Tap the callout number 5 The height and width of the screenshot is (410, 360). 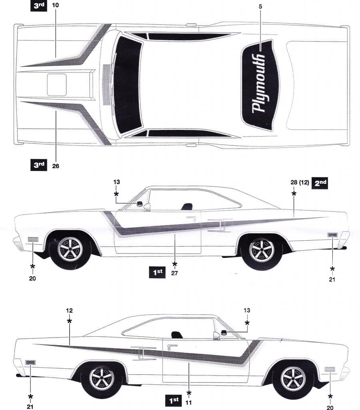coord(261,7)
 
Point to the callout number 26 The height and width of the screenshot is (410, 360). coord(56,165)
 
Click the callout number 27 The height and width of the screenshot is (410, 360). coord(175,273)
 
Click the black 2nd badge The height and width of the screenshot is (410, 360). coord(320,183)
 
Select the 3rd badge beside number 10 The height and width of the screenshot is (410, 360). coord(39,6)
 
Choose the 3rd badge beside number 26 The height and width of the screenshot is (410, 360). coord(39,165)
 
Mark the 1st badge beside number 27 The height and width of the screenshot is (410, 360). coord(157,273)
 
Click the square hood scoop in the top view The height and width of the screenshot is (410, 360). coord(57,84)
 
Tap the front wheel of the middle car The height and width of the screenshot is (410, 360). coord(70,250)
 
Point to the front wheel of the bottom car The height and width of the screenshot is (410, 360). coord(292,378)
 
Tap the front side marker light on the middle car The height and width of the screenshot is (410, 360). coord(32,240)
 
